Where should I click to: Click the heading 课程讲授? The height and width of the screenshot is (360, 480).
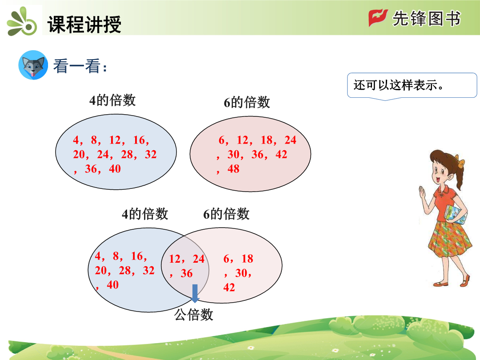84,24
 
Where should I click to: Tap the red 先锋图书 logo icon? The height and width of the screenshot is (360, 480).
378,18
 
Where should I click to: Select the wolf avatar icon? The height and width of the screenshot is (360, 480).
33,65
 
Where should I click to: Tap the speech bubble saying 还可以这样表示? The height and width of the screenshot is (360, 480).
412,86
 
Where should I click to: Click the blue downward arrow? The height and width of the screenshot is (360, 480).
195,293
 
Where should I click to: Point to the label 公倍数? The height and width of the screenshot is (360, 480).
193,314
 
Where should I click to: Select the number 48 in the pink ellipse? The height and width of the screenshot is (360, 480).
233,169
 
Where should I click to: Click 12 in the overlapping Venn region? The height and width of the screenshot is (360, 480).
175,259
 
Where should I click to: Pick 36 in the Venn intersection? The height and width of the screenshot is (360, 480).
186,273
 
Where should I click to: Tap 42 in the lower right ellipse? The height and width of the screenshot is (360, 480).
229,288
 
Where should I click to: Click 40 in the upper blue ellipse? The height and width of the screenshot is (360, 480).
115,169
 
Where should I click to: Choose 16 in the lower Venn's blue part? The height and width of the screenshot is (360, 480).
137,256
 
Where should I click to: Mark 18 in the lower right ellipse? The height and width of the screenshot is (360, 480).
247,259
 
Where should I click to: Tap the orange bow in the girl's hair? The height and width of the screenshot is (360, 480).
460,161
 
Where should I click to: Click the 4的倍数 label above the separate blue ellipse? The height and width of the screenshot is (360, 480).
112,100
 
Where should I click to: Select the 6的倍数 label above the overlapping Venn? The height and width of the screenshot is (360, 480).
226,214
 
